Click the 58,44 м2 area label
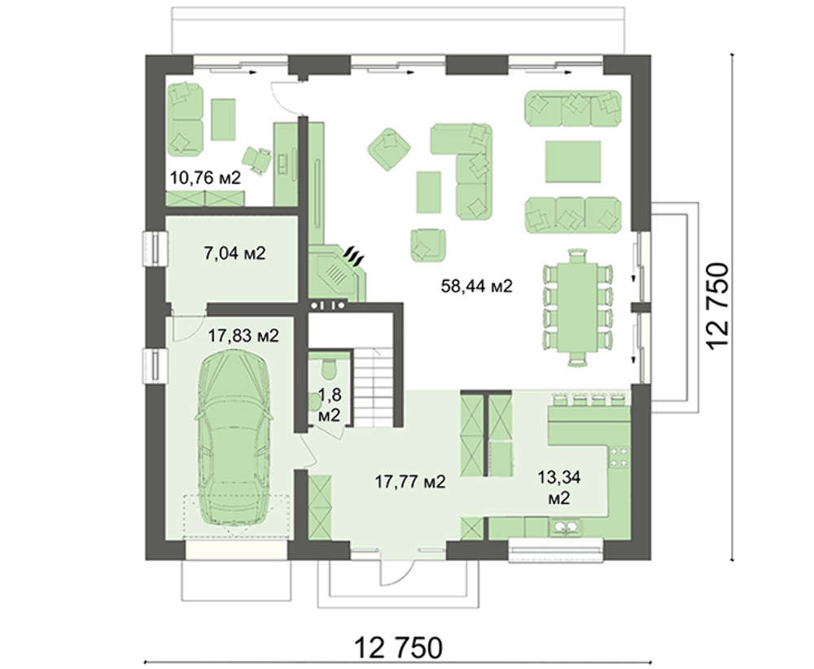[x=476, y=286]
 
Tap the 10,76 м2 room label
[x=206, y=178]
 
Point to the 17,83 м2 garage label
[x=243, y=336]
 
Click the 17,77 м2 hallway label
[x=410, y=482]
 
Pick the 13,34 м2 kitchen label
[x=559, y=488]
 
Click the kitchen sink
[x=567, y=528]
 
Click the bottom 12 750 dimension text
[x=399, y=648]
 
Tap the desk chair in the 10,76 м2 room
[x=256, y=157]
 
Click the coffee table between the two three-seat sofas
[x=573, y=161]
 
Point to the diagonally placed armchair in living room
[x=389, y=150]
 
